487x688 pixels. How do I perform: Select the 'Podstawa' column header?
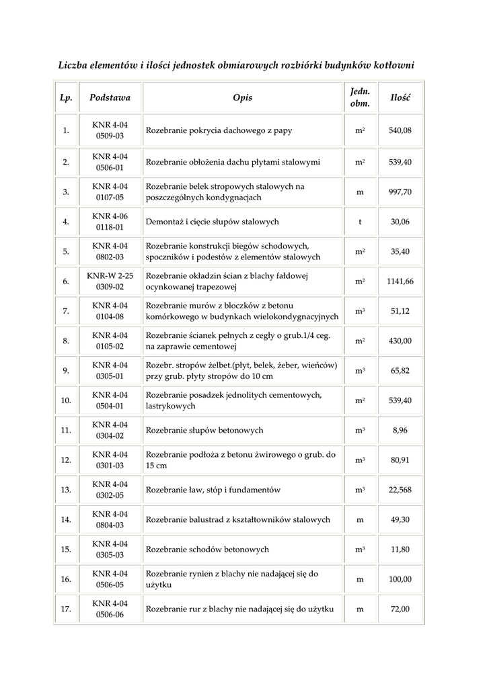(110, 97)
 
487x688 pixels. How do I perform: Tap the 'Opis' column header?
(242, 97)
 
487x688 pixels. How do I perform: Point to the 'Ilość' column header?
(400, 97)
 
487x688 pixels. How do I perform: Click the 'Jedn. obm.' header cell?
(360, 97)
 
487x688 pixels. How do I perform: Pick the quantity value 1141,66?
(400, 282)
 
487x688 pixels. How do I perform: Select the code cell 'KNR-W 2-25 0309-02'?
(110, 282)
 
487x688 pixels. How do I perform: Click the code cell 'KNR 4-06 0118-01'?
(110, 222)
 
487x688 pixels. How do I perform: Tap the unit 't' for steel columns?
(360, 222)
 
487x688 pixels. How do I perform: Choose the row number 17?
(66, 609)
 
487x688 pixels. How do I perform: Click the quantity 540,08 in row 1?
(400, 130)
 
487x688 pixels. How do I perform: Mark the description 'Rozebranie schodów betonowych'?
(207, 550)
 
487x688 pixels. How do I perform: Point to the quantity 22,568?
(400, 490)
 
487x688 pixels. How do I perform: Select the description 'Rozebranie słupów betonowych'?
(204, 430)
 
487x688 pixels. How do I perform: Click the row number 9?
(66, 370)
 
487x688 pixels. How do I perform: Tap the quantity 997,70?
(400, 191)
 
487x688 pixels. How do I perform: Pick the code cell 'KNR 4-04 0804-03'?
(110, 519)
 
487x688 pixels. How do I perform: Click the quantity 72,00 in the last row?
(400, 609)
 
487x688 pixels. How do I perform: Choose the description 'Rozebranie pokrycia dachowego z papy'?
(219, 130)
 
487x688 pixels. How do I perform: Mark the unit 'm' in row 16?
(360, 579)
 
